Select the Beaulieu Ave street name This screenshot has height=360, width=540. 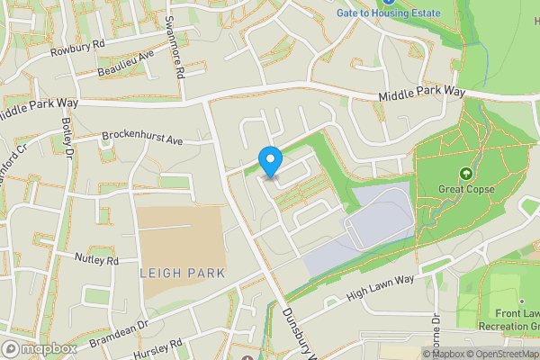click(x=125, y=61)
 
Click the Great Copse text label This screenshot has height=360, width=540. click(x=466, y=189)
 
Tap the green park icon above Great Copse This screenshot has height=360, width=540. click(x=466, y=173)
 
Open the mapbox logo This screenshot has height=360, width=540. click(x=39, y=348)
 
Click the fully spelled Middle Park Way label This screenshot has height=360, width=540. click(x=421, y=93)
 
